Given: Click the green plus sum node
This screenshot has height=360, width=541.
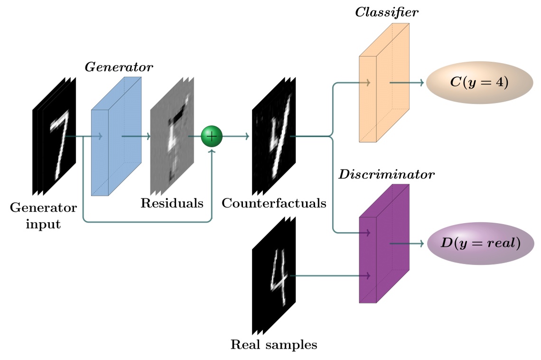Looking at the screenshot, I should tap(212, 136).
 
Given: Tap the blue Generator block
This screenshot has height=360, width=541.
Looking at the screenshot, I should tap(115, 138).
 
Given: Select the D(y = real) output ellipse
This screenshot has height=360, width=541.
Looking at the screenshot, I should tap(480, 244).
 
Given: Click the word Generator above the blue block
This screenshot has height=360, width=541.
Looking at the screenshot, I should tap(119, 67).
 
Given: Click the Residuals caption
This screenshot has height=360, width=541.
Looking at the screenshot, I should tap(172, 204).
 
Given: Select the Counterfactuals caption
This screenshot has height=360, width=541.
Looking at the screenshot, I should tap(274, 204).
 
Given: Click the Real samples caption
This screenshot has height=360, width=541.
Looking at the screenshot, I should tap(274, 344).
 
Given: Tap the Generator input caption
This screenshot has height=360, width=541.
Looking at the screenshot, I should tap(43, 215).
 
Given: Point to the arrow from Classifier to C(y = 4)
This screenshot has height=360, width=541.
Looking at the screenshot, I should tap(407, 83).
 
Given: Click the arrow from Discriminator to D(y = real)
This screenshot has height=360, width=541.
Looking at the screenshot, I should tap(407, 244).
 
